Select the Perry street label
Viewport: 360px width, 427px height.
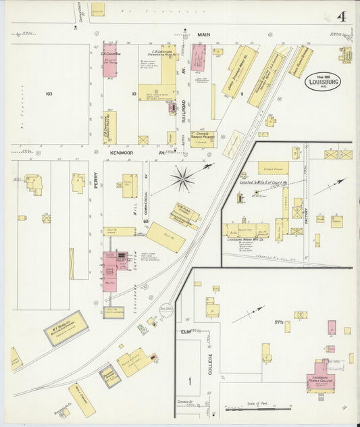click(95, 183)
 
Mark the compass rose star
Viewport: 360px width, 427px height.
click(182, 178)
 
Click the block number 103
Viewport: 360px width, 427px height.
click(49, 93)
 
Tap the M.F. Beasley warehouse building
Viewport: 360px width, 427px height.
click(66, 328)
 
